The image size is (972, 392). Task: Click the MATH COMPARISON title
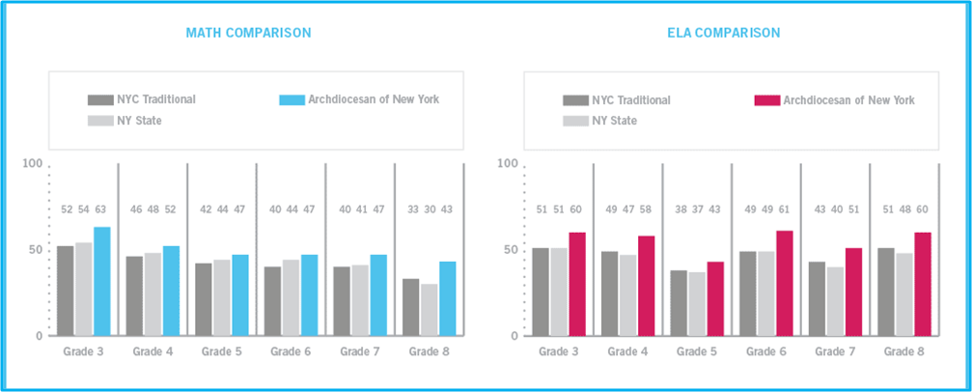[248, 33]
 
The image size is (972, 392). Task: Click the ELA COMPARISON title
[723, 33]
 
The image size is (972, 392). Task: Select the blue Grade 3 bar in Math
[101, 282]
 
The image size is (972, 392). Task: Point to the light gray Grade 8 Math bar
[429, 309]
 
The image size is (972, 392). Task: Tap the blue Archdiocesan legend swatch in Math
[292, 99]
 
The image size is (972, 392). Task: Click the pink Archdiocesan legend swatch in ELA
[765, 99]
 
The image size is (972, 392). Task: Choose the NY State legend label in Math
[139, 121]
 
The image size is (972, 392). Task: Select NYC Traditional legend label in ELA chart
[631, 99]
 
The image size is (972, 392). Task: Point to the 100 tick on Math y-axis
[33, 164]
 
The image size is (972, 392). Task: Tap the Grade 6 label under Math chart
[291, 351]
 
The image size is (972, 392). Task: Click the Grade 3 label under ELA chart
[558, 351]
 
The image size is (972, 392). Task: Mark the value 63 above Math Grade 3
[101, 210]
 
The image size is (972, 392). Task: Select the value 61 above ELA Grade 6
[785, 210]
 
